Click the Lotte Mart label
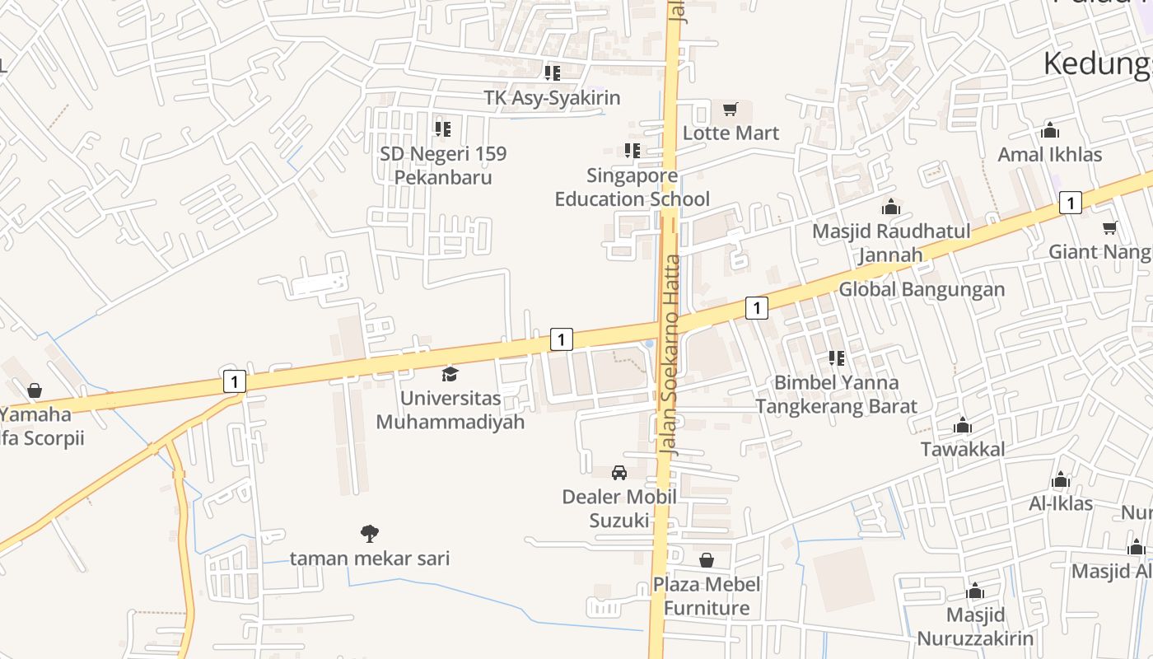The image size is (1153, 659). pos(731,133)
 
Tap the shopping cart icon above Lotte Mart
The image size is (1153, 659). pos(730,109)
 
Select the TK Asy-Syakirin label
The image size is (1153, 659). pos(552,98)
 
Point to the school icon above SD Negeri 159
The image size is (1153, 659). pos(443,129)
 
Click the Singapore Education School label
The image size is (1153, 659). pos(632,187)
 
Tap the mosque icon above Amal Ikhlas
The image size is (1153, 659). pos(1050,130)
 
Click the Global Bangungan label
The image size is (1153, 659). pos(922,289)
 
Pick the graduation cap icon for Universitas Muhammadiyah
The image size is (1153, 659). pos(450,375)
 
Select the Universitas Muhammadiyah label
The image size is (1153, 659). pos(450,410)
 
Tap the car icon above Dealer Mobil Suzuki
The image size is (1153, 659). pos(619,473)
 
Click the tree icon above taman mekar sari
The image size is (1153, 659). pos(370,534)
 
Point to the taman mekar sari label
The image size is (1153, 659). pos(370,559)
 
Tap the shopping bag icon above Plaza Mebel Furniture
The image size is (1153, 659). pos(707,561)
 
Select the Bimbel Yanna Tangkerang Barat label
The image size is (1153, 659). pos(836,395)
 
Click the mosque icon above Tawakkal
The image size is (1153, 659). pos(963,426)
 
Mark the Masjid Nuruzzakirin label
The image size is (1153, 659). pos(975,627)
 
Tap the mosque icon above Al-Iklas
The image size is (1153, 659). pos(1061,480)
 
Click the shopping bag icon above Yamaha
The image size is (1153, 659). pos(35,390)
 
